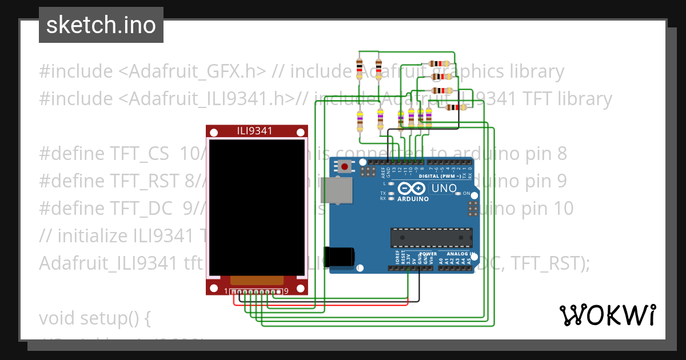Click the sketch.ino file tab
[101, 25]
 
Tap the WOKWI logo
[607, 315]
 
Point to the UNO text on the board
[444, 188]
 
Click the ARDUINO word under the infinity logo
[412, 199]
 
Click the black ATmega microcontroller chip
[431, 238]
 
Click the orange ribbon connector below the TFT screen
[257, 280]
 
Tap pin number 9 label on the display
[286, 291]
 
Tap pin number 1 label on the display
[226, 291]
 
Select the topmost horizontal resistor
[439, 64]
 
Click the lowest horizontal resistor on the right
[456, 107]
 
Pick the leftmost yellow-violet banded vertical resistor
[360, 120]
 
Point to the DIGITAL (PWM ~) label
[438, 176]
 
